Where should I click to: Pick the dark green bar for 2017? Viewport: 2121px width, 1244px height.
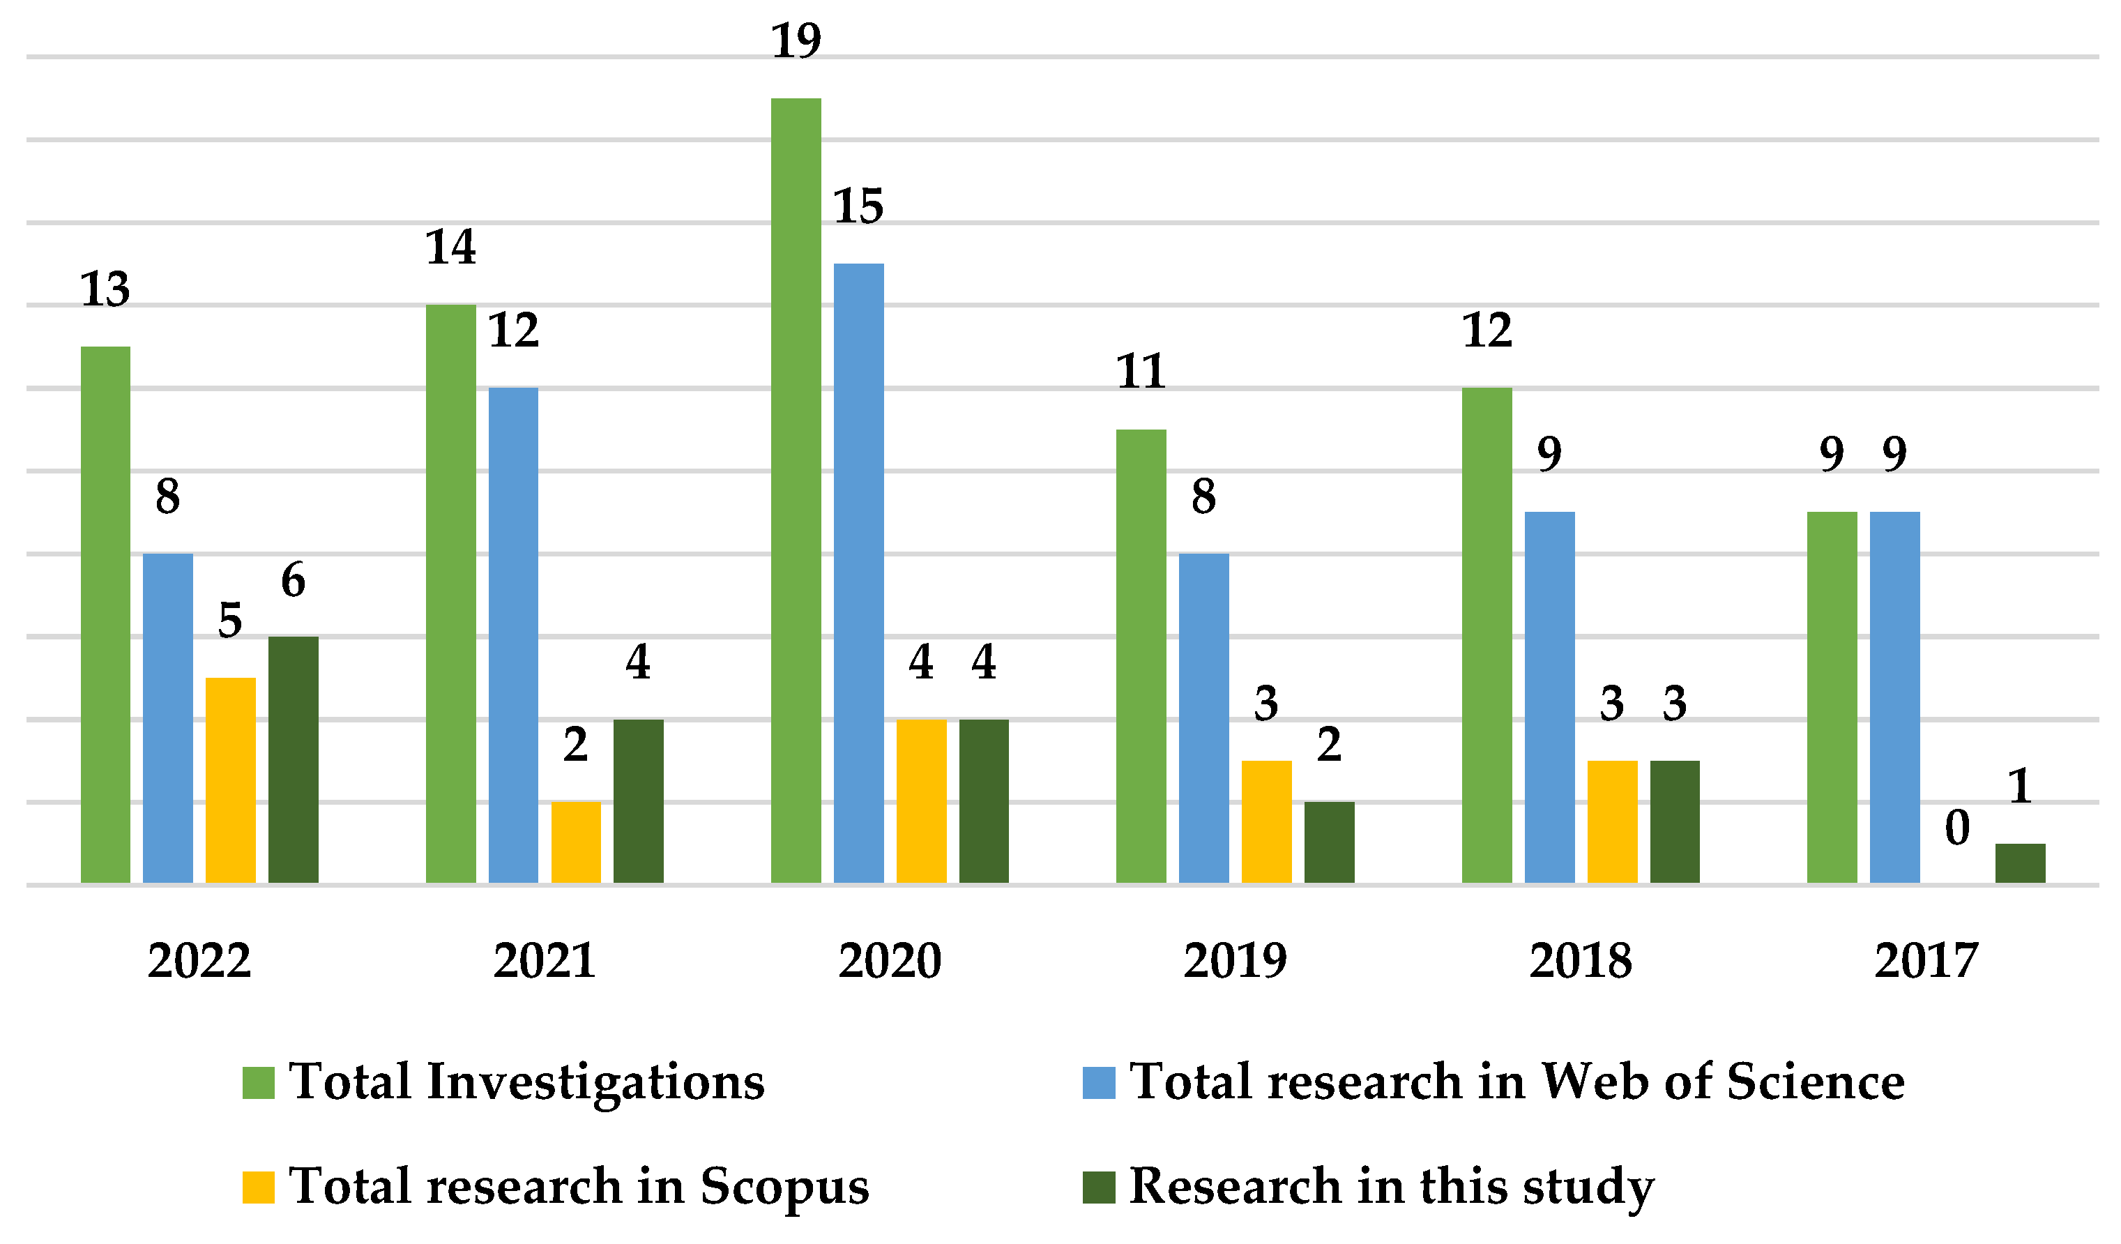click(2020, 863)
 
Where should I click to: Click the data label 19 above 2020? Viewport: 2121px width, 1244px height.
click(796, 40)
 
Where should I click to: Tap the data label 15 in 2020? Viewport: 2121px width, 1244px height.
click(858, 206)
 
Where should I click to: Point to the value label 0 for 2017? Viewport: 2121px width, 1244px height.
click(1957, 828)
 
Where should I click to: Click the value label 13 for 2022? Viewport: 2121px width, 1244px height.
click(105, 289)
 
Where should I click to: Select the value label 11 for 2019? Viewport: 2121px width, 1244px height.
click(1141, 371)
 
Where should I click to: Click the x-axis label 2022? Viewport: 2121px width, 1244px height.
click(199, 960)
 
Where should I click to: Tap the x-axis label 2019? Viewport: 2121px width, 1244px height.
click(1235, 960)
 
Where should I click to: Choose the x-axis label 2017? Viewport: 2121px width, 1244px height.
click(1926, 960)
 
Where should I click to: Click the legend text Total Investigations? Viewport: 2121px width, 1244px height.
click(526, 1082)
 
